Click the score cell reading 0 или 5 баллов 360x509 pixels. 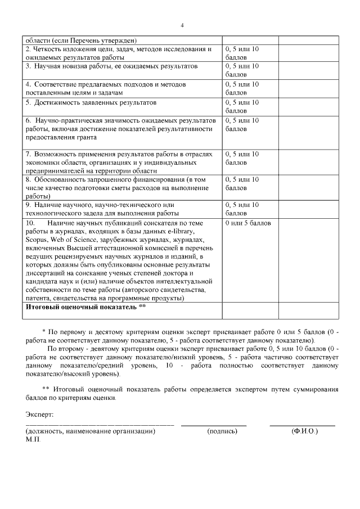(x=248, y=223)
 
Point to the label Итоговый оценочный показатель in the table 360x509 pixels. (x=81, y=307)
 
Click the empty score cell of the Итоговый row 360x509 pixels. (x=250, y=310)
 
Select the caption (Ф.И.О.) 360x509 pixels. (x=305, y=431)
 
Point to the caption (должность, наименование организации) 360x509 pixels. (x=91, y=431)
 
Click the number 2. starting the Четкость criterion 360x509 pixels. (x=28, y=49)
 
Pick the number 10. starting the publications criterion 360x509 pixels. (x=31, y=223)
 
